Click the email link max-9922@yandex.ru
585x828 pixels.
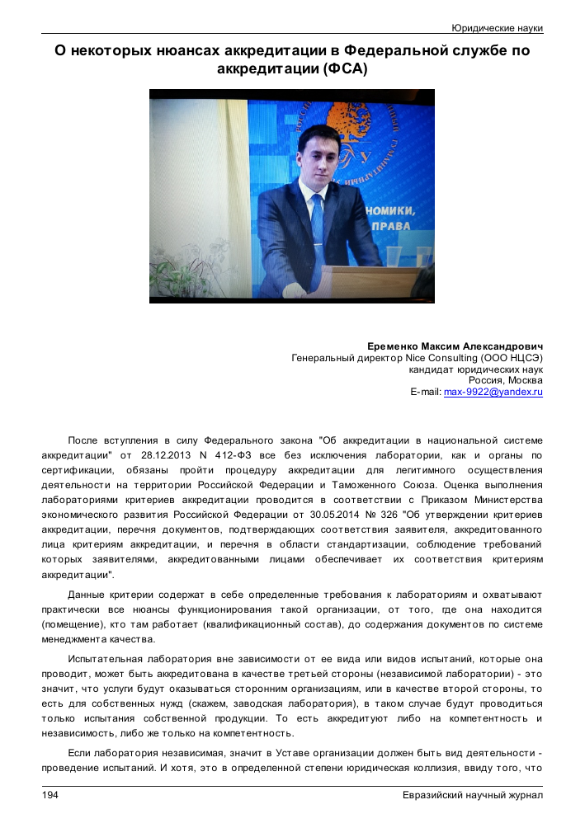(493, 393)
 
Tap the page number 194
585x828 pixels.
(51, 795)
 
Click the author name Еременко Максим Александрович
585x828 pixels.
(455, 346)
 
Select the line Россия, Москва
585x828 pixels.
(505, 381)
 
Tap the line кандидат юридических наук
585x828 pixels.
(475, 369)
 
